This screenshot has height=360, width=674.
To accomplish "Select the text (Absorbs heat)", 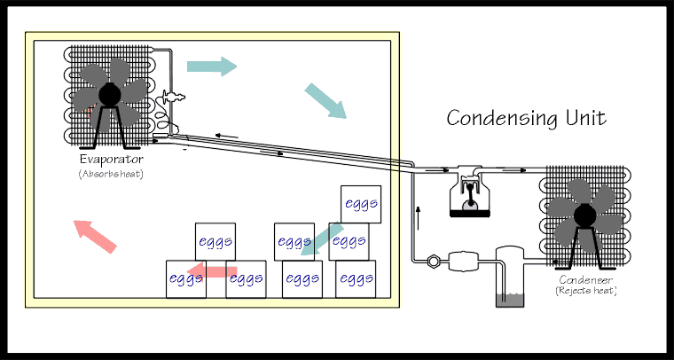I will pyautogui.click(x=111, y=174).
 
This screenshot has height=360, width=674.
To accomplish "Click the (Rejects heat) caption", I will pyautogui.click(x=585, y=290).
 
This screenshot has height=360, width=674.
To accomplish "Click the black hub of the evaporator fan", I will pyautogui.click(x=111, y=94).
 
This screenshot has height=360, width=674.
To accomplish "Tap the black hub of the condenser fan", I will pyautogui.click(x=584, y=213).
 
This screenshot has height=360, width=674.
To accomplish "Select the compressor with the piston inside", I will pyautogui.click(x=470, y=195).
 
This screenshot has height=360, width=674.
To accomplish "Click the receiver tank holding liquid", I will pyautogui.click(x=510, y=278).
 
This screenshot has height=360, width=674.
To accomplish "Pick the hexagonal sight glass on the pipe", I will pyautogui.click(x=434, y=261).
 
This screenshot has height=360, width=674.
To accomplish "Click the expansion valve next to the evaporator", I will pyautogui.click(x=171, y=100).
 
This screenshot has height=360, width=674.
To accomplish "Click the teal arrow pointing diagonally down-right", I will pyautogui.click(x=325, y=100).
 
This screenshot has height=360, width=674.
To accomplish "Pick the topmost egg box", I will pyautogui.click(x=361, y=204).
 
